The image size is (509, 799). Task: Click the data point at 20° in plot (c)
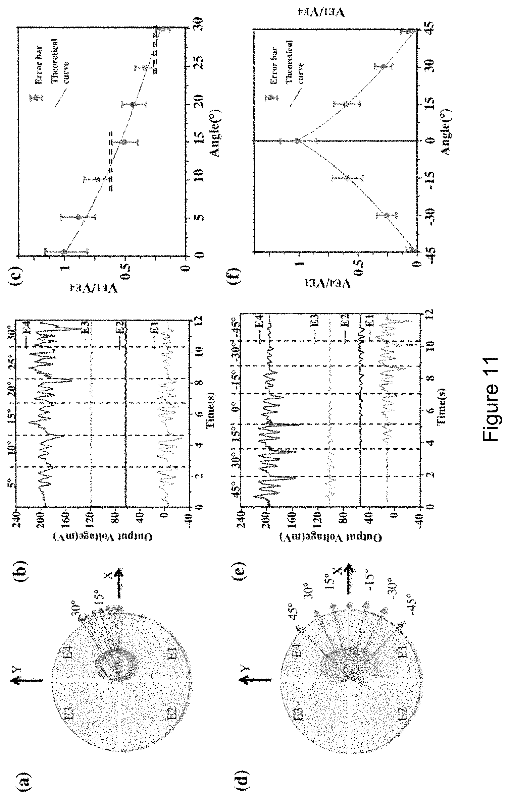(135, 104)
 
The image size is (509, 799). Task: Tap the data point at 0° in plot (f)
(297, 141)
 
